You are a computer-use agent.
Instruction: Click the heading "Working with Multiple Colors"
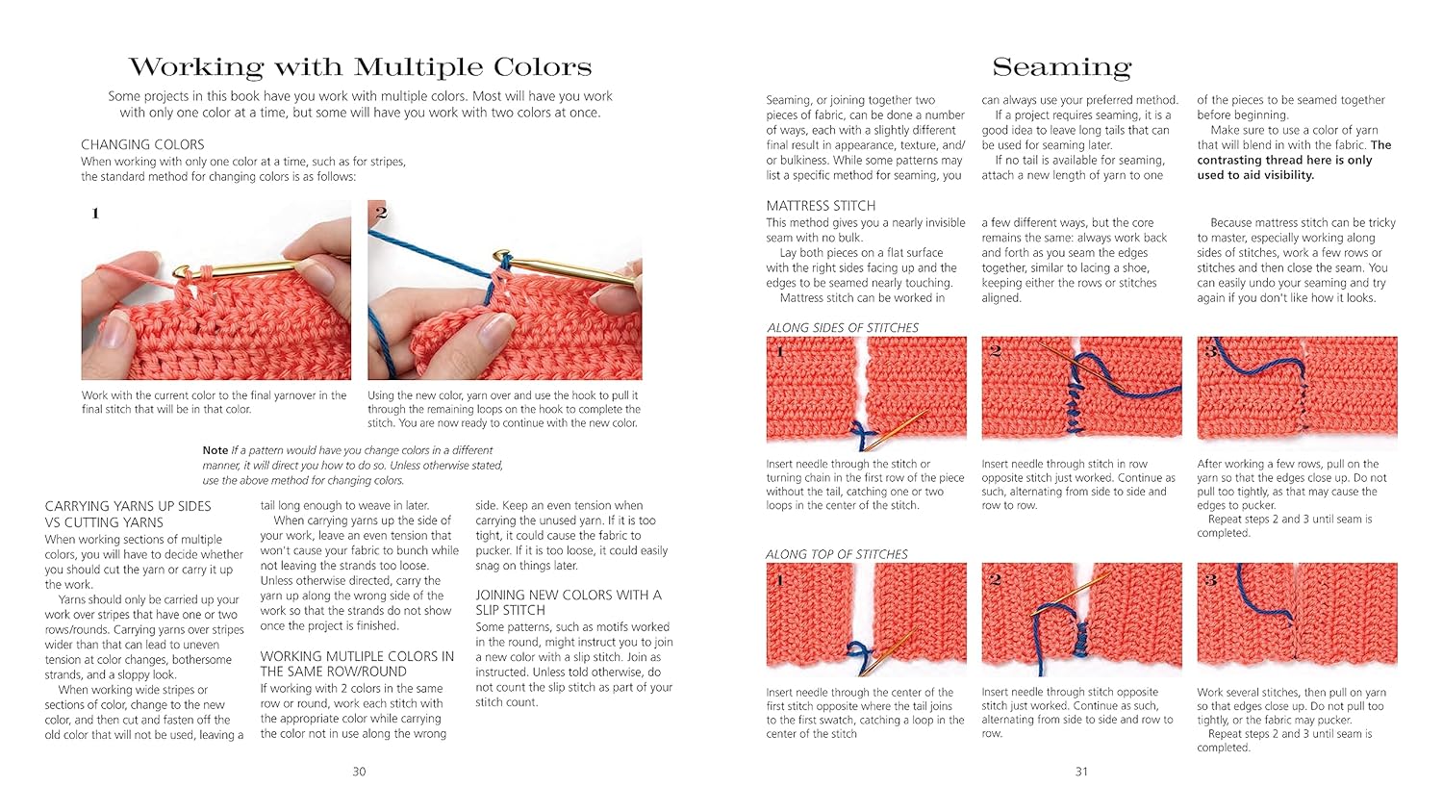click(360, 67)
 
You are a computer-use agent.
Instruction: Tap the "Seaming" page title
click(1061, 67)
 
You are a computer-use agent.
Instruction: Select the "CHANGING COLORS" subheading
click(142, 144)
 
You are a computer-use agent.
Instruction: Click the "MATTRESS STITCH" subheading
click(821, 206)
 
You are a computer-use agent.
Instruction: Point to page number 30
click(359, 772)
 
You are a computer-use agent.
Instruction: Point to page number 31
click(1081, 772)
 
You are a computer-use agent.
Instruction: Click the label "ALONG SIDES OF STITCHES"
click(843, 328)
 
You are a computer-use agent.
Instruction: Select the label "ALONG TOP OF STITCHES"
click(837, 554)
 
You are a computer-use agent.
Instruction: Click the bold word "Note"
click(215, 450)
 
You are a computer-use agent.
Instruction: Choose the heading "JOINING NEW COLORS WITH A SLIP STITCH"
click(568, 602)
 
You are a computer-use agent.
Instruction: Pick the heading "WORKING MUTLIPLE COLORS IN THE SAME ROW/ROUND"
click(356, 664)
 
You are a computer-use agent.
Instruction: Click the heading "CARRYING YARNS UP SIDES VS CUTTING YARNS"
click(128, 514)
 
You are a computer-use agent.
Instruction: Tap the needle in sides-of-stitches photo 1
click(899, 428)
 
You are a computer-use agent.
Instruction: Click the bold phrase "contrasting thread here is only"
click(1284, 160)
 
